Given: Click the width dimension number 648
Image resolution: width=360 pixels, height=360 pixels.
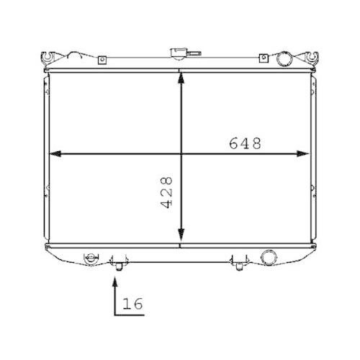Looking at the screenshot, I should coord(244,143).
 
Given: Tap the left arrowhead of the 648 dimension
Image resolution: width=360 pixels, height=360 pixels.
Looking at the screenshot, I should coord(51,153).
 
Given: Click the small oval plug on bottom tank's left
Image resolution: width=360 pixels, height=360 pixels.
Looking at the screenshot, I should coord(91,256).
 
